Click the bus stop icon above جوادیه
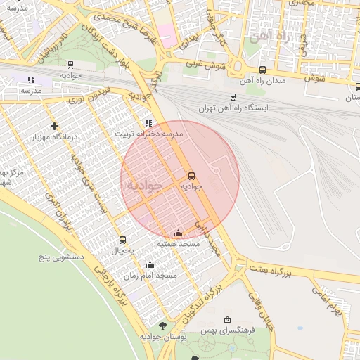point(192,176)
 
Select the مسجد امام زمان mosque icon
point(150,265)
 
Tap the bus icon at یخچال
point(123,240)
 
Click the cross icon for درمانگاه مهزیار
point(54,126)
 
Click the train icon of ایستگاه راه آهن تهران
point(233,97)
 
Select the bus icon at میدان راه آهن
point(262,70)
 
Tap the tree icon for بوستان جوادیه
point(163,326)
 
